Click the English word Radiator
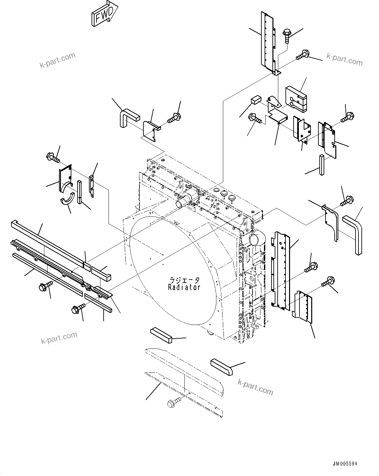point(184,287)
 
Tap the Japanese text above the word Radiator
point(184,280)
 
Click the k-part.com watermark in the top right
point(344,59)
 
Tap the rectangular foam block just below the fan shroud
point(161,336)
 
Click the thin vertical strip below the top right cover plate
point(322,165)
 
